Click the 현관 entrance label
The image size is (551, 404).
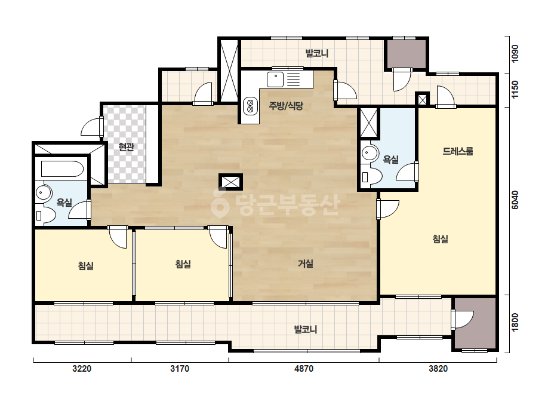tap(126, 147)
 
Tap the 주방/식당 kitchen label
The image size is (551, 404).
tap(286, 106)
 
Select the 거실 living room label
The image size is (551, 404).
tap(306, 263)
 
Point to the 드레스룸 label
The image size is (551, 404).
tap(457, 151)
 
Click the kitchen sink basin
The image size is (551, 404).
tap(275, 79)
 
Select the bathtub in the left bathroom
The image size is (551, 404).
tap(62, 169)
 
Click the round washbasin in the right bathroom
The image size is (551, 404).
tap(370, 153)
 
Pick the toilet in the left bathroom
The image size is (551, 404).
tap(45, 215)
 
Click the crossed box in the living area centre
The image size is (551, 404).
tap(230, 182)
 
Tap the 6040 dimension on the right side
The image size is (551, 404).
tap(515, 200)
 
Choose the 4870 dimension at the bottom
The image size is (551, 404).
tap(304, 369)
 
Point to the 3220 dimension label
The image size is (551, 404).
tap(82, 369)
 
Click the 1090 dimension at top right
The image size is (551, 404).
tap(515, 54)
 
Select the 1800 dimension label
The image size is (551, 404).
tap(515, 322)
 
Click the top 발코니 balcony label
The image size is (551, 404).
tap(317, 54)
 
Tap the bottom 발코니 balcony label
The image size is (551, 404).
tap(306, 329)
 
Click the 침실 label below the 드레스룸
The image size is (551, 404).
tap(440, 239)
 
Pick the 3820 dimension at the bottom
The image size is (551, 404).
tap(438, 369)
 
